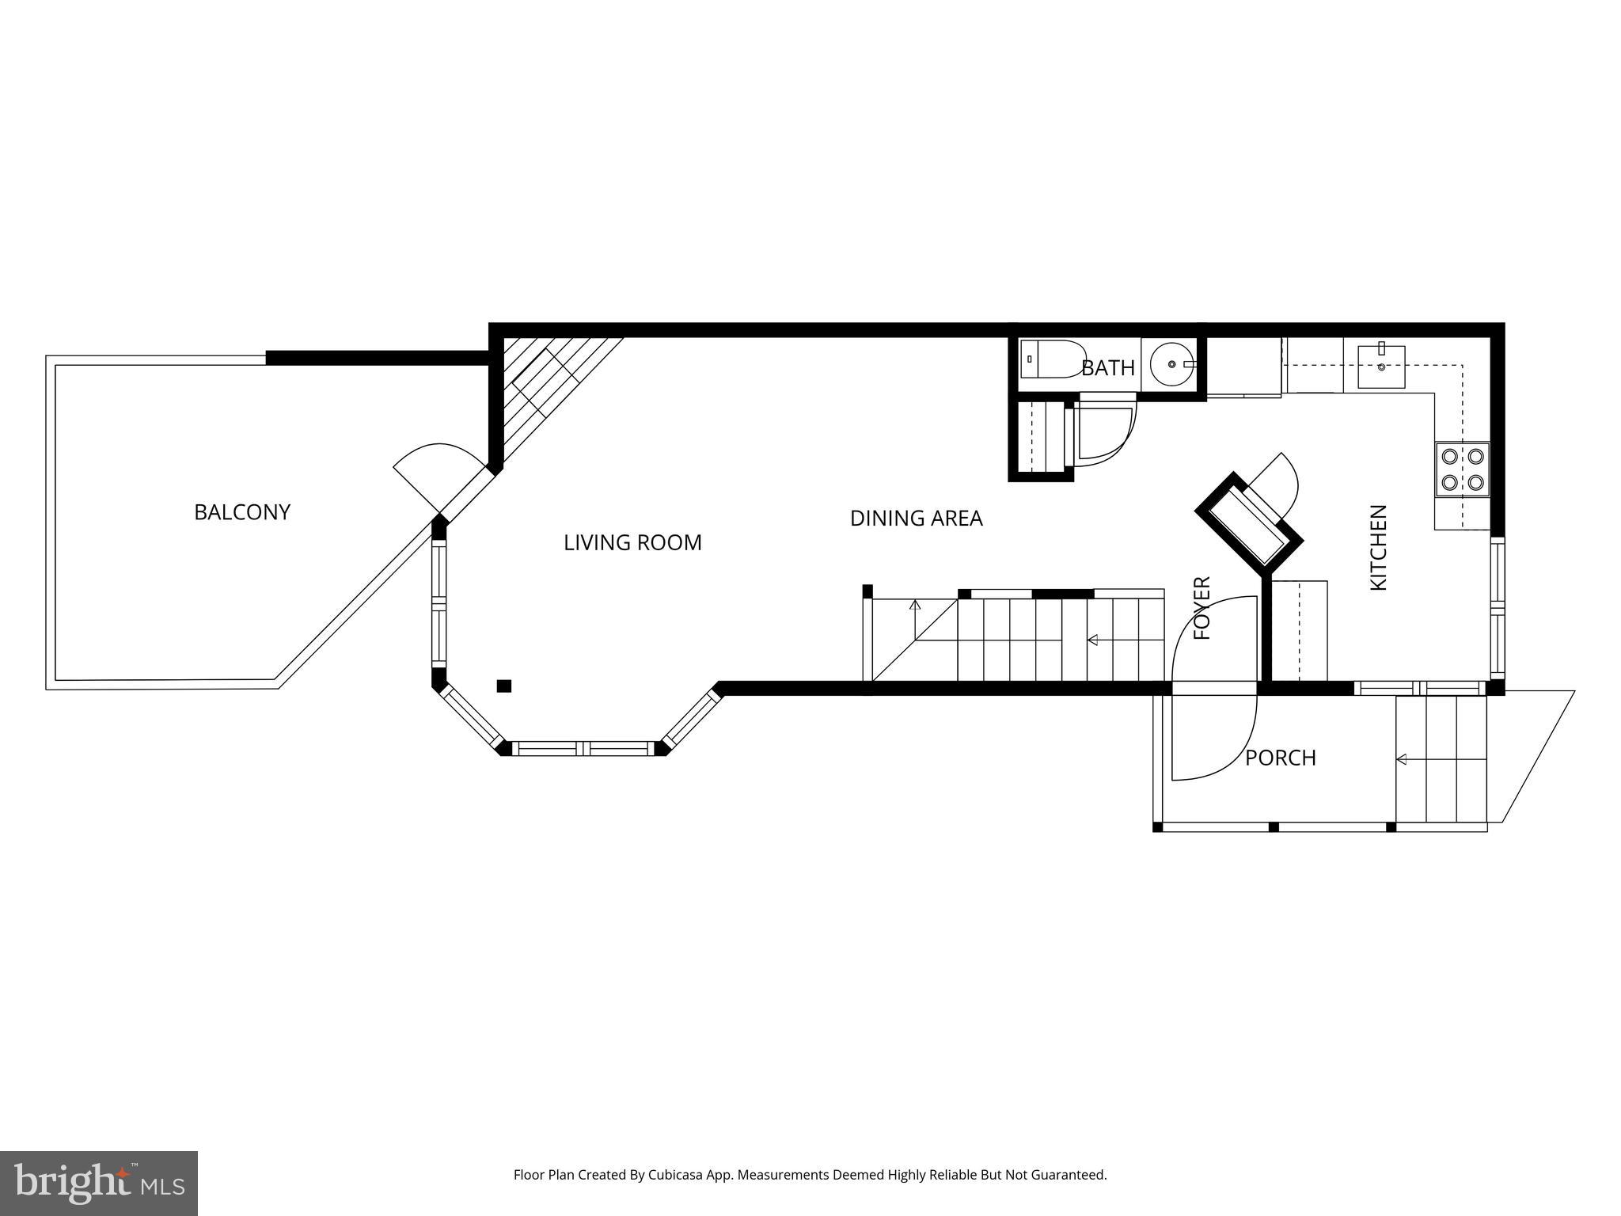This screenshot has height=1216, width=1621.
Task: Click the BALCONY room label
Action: (x=242, y=512)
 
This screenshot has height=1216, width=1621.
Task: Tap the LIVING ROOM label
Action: (x=632, y=542)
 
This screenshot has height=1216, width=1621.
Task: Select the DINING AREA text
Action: (x=916, y=518)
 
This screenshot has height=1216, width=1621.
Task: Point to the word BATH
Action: (x=1108, y=368)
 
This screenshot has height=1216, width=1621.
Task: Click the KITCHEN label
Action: (x=1379, y=547)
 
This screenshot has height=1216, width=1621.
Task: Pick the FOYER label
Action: (x=1202, y=608)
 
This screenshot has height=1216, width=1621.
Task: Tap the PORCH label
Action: (x=1281, y=758)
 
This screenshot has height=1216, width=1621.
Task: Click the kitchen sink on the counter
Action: (x=1381, y=367)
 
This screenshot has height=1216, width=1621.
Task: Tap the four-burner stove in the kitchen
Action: (x=1463, y=469)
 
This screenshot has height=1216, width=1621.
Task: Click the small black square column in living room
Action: (x=503, y=686)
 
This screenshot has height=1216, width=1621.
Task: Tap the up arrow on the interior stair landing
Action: (x=916, y=620)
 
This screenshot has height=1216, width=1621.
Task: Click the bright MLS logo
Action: (x=99, y=1184)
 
